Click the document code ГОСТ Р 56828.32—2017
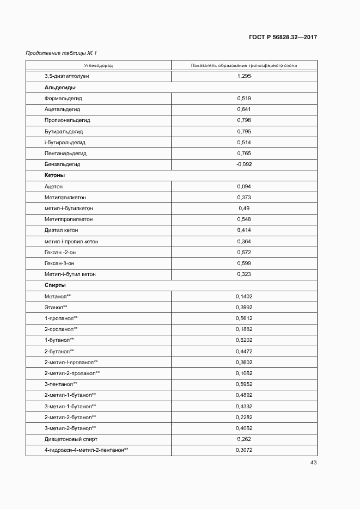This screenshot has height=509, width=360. click(x=283, y=37)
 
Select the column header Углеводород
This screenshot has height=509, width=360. click(x=99, y=65)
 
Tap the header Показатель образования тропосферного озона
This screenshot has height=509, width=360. click(x=243, y=65)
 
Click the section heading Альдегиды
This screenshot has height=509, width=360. click(x=60, y=87)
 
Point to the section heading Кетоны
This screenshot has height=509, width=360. click(x=55, y=175)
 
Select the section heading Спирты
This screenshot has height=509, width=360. click(x=55, y=285)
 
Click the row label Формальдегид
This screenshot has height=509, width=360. click(x=63, y=99)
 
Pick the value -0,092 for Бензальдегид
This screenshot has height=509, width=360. click(x=243, y=164)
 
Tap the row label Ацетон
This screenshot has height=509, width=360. click(x=53, y=186)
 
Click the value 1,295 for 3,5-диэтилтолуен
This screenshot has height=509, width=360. click(x=243, y=76)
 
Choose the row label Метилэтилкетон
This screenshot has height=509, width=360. click(x=65, y=197)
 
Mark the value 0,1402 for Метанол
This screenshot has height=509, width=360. click(x=243, y=296)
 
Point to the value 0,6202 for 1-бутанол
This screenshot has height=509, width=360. click(x=243, y=340)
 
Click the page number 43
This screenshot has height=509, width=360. click(x=313, y=463)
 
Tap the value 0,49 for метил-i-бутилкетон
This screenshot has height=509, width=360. click(x=243, y=208)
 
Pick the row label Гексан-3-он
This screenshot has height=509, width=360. click(x=59, y=263)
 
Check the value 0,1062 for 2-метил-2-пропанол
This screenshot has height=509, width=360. click(x=243, y=373)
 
